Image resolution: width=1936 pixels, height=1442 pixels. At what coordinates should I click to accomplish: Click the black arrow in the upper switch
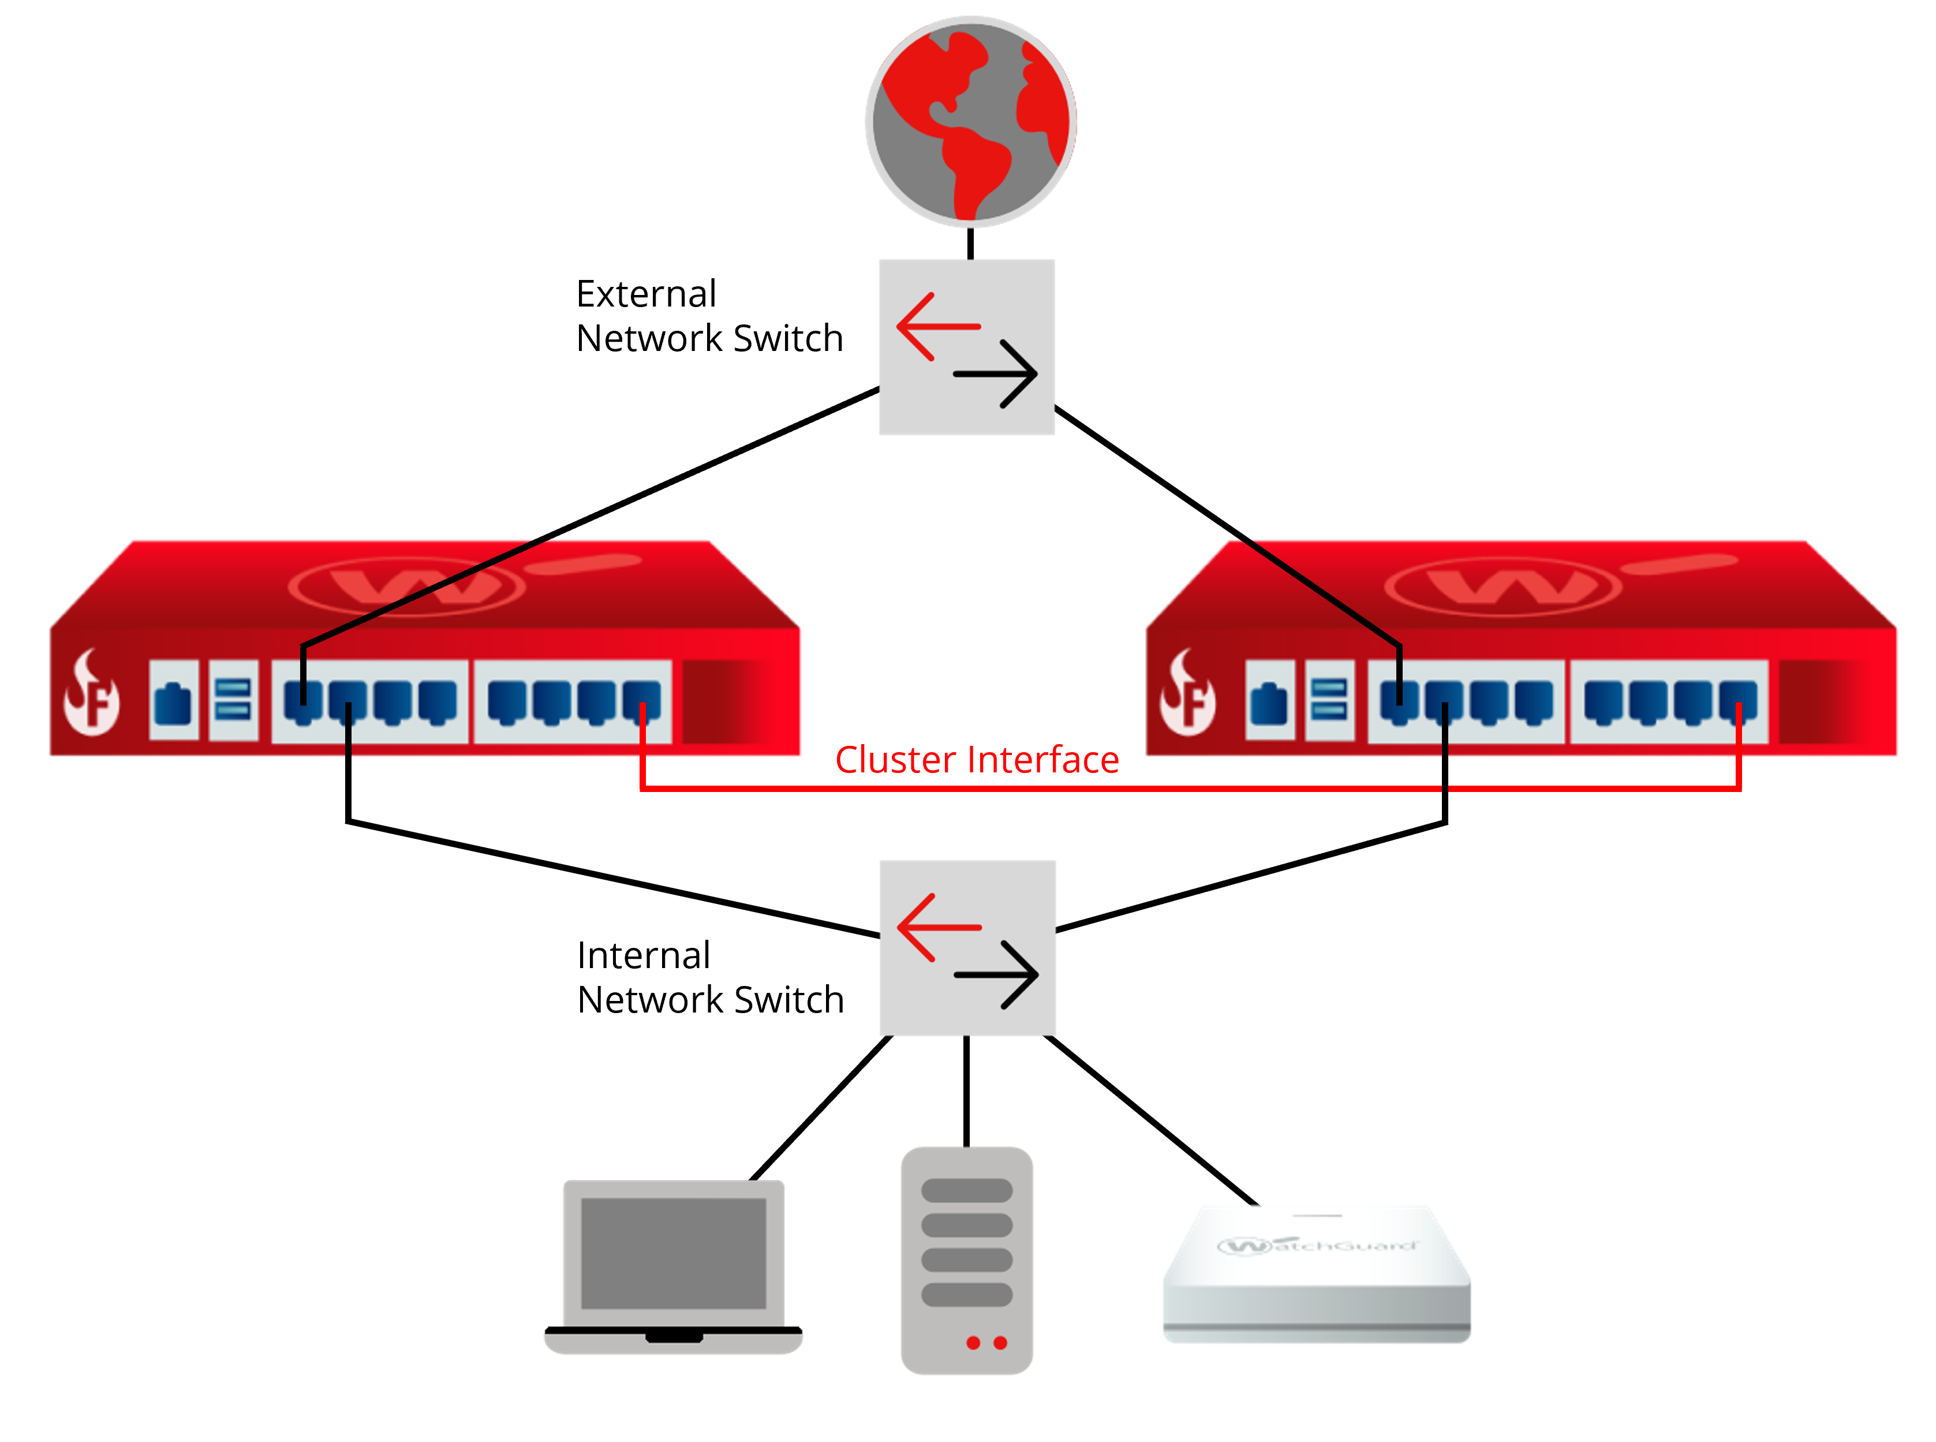tap(997, 373)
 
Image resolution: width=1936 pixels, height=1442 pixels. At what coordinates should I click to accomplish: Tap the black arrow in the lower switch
tap(997, 974)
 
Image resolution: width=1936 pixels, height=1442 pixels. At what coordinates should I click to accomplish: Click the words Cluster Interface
tap(976, 760)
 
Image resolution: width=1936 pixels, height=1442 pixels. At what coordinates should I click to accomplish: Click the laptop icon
tap(673, 1266)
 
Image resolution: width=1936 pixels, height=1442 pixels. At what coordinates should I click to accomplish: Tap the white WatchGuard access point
tap(1316, 1275)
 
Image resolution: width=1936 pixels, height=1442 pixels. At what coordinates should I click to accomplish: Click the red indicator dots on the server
tap(986, 1343)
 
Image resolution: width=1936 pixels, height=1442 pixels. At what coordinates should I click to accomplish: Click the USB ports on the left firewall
tap(233, 700)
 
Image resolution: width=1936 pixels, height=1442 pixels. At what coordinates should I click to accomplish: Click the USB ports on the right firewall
tap(1329, 700)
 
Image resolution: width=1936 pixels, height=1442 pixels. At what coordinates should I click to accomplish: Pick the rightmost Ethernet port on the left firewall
tap(641, 700)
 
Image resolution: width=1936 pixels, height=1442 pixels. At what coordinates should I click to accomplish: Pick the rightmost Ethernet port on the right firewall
tap(1738, 700)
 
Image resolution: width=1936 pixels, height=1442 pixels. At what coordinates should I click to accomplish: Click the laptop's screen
tap(673, 1253)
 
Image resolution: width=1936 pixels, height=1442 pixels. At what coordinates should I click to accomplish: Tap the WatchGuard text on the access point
tap(1318, 1245)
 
